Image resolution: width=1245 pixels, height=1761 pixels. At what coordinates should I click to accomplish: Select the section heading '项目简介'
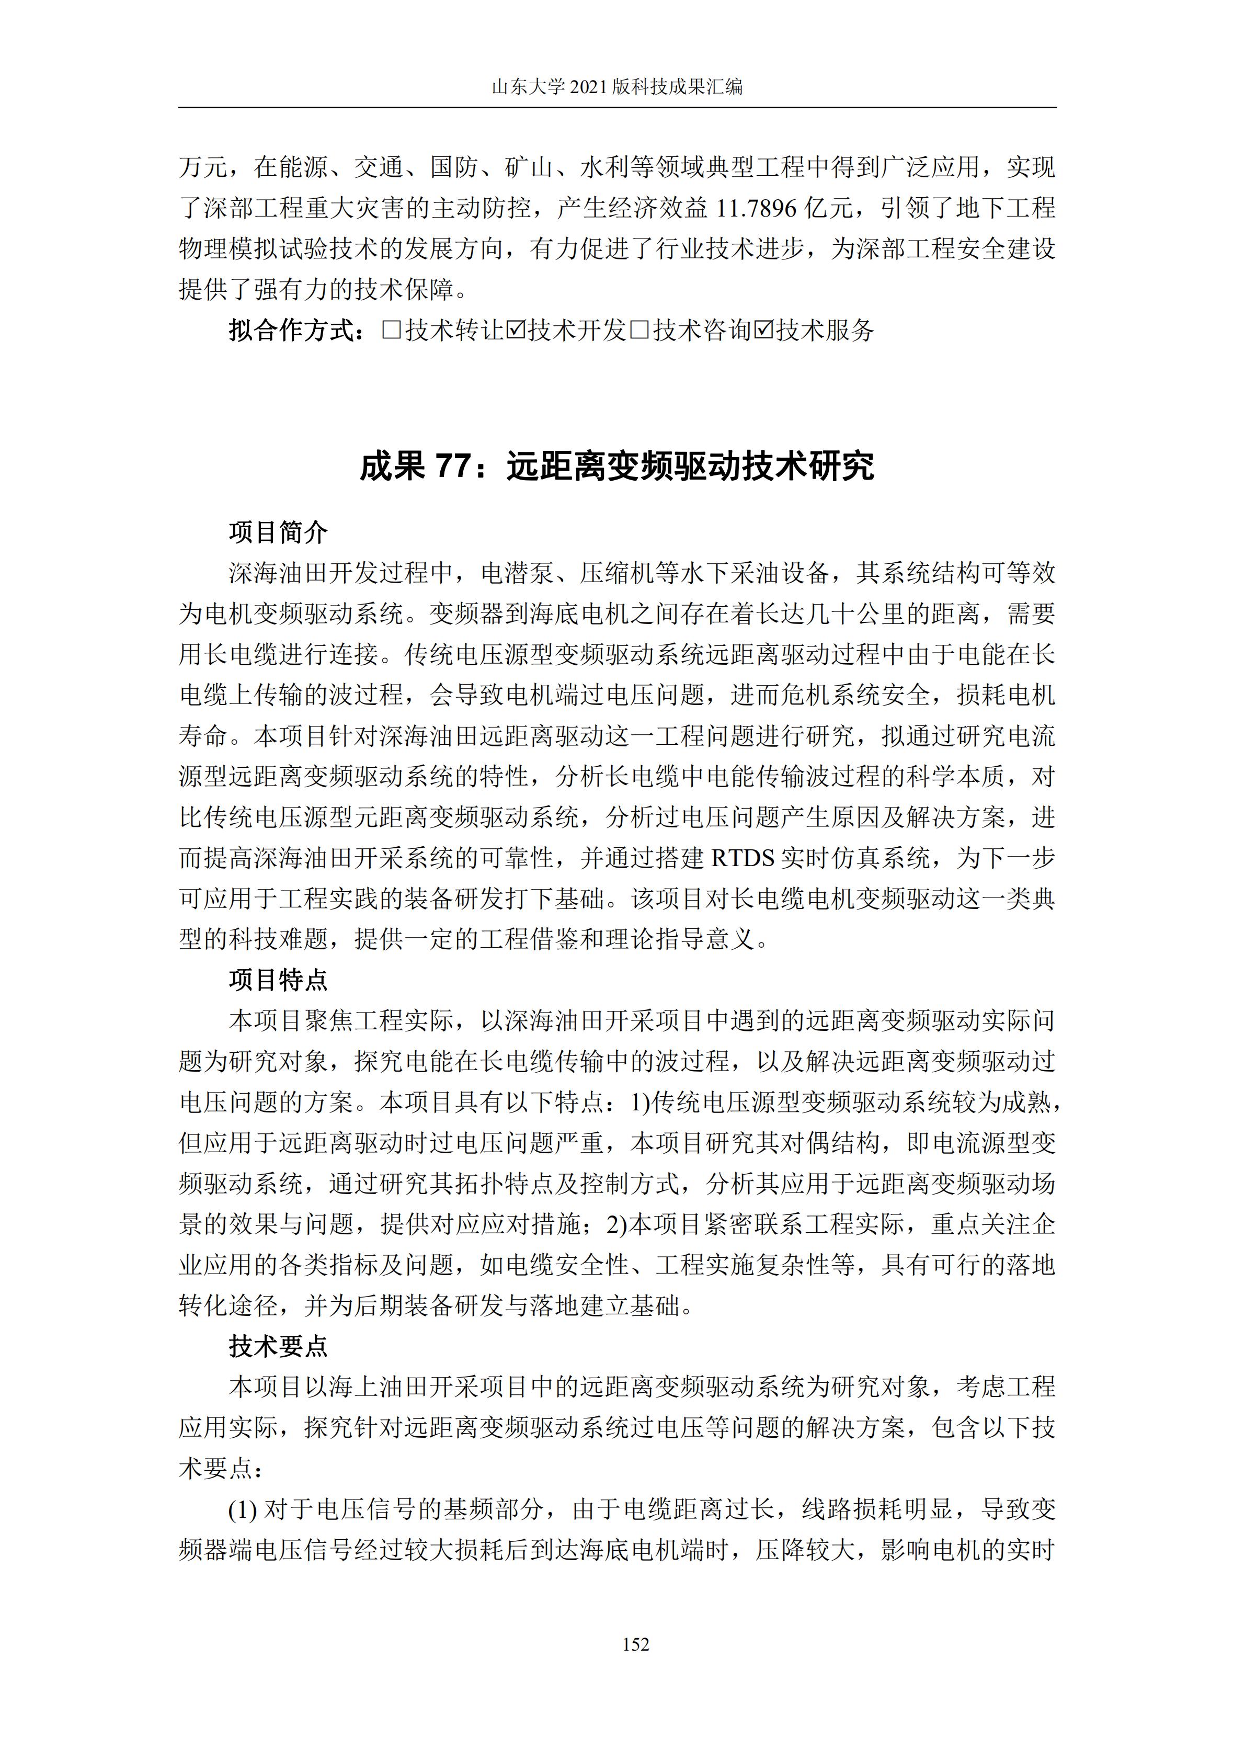point(278,531)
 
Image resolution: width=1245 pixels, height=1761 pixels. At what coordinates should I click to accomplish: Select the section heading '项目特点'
point(278,980)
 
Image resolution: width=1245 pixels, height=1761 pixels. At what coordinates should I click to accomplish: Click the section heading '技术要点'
point(278,1345)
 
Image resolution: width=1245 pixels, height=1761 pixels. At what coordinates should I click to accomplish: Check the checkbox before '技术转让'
point(391,331)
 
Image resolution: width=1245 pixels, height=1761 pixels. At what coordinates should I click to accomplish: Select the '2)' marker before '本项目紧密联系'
point(617,1224)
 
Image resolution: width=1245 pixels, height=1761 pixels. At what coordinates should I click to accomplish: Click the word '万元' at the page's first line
point(203,167)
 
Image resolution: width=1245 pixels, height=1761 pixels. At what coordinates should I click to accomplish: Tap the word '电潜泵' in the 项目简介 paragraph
point(518,573)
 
